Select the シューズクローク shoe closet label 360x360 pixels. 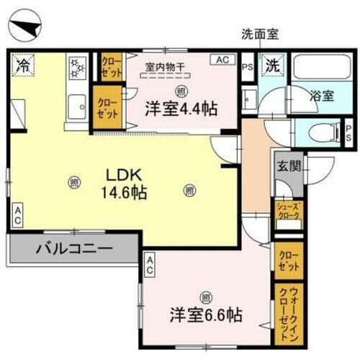click(x=288, y=215)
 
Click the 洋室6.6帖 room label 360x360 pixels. click(x=206, y=315)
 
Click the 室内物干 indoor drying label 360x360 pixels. click(x=166, y=66)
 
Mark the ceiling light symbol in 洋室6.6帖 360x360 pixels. click(x=206, y=296)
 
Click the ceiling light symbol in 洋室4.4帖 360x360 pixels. click(x=180, y=90)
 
